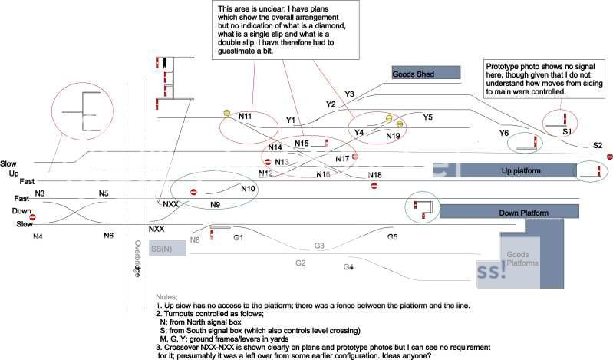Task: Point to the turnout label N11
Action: click(246, 117)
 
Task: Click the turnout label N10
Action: click(248, 189)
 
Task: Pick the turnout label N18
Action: click(374, 177)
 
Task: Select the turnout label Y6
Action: click(503, 133)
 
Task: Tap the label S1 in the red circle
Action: click(566, 132)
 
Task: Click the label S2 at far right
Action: click(598, 145)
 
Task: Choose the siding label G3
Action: click(319, 246)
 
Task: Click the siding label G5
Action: click(392, 237)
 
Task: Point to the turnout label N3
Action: click(40, 193)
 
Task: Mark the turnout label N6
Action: click(109, 236)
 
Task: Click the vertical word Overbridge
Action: click(137, 259)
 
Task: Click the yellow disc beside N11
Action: click(226, 114)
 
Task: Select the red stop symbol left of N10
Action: click(194, 192)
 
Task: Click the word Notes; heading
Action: click(166, 296)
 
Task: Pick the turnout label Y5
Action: click(427, 117)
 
